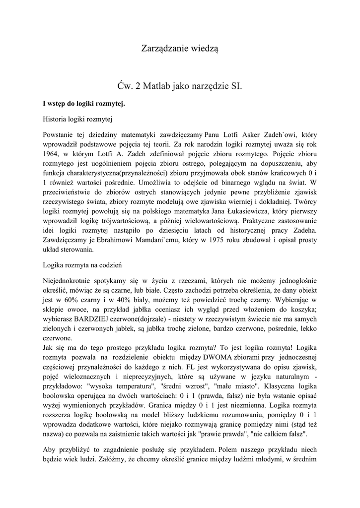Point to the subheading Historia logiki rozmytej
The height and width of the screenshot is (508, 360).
point(78,119)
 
